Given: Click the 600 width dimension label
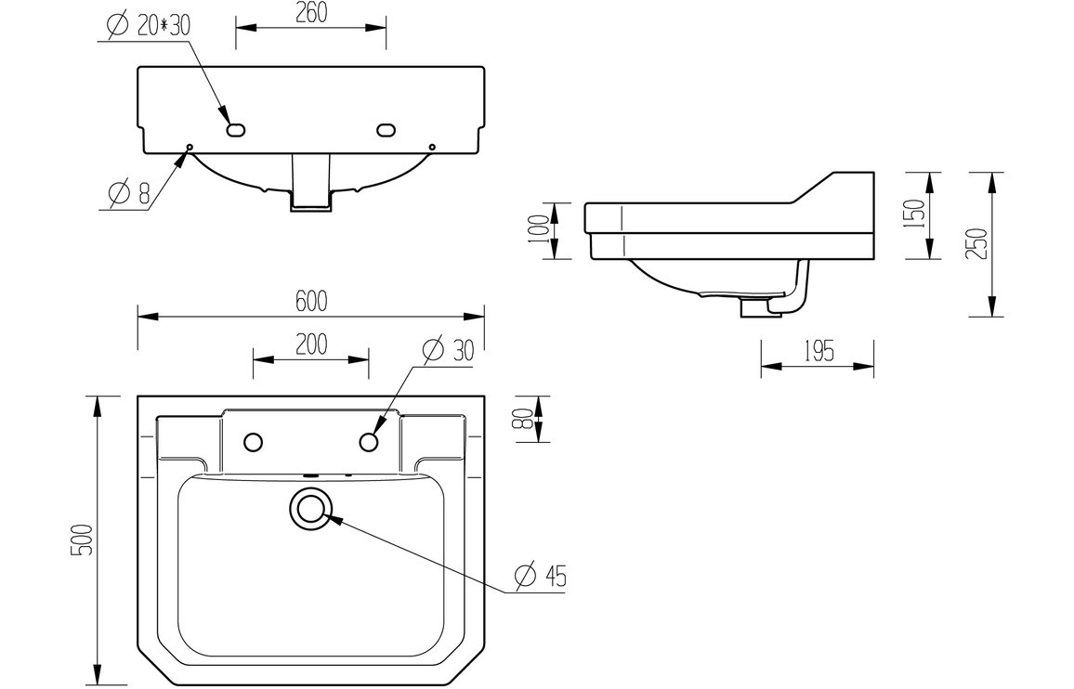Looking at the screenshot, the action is [x=311, y=300].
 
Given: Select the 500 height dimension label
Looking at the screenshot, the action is [x=83, y=539].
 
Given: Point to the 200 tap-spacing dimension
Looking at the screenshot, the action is [x=311, y=344].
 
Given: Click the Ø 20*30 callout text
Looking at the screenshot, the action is [x=149, y=26].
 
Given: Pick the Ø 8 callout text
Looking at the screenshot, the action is [x=129, y=194].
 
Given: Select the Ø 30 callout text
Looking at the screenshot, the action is [x=448, y=350].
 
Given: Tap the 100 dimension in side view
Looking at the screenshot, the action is [x=538, y=229].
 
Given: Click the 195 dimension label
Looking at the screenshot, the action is [x=817, y=352].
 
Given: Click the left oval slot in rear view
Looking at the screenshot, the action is [x=236, y=130].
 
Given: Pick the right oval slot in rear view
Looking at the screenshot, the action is [x=386, y=130].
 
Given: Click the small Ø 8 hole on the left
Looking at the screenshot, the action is [x=190, y=147].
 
